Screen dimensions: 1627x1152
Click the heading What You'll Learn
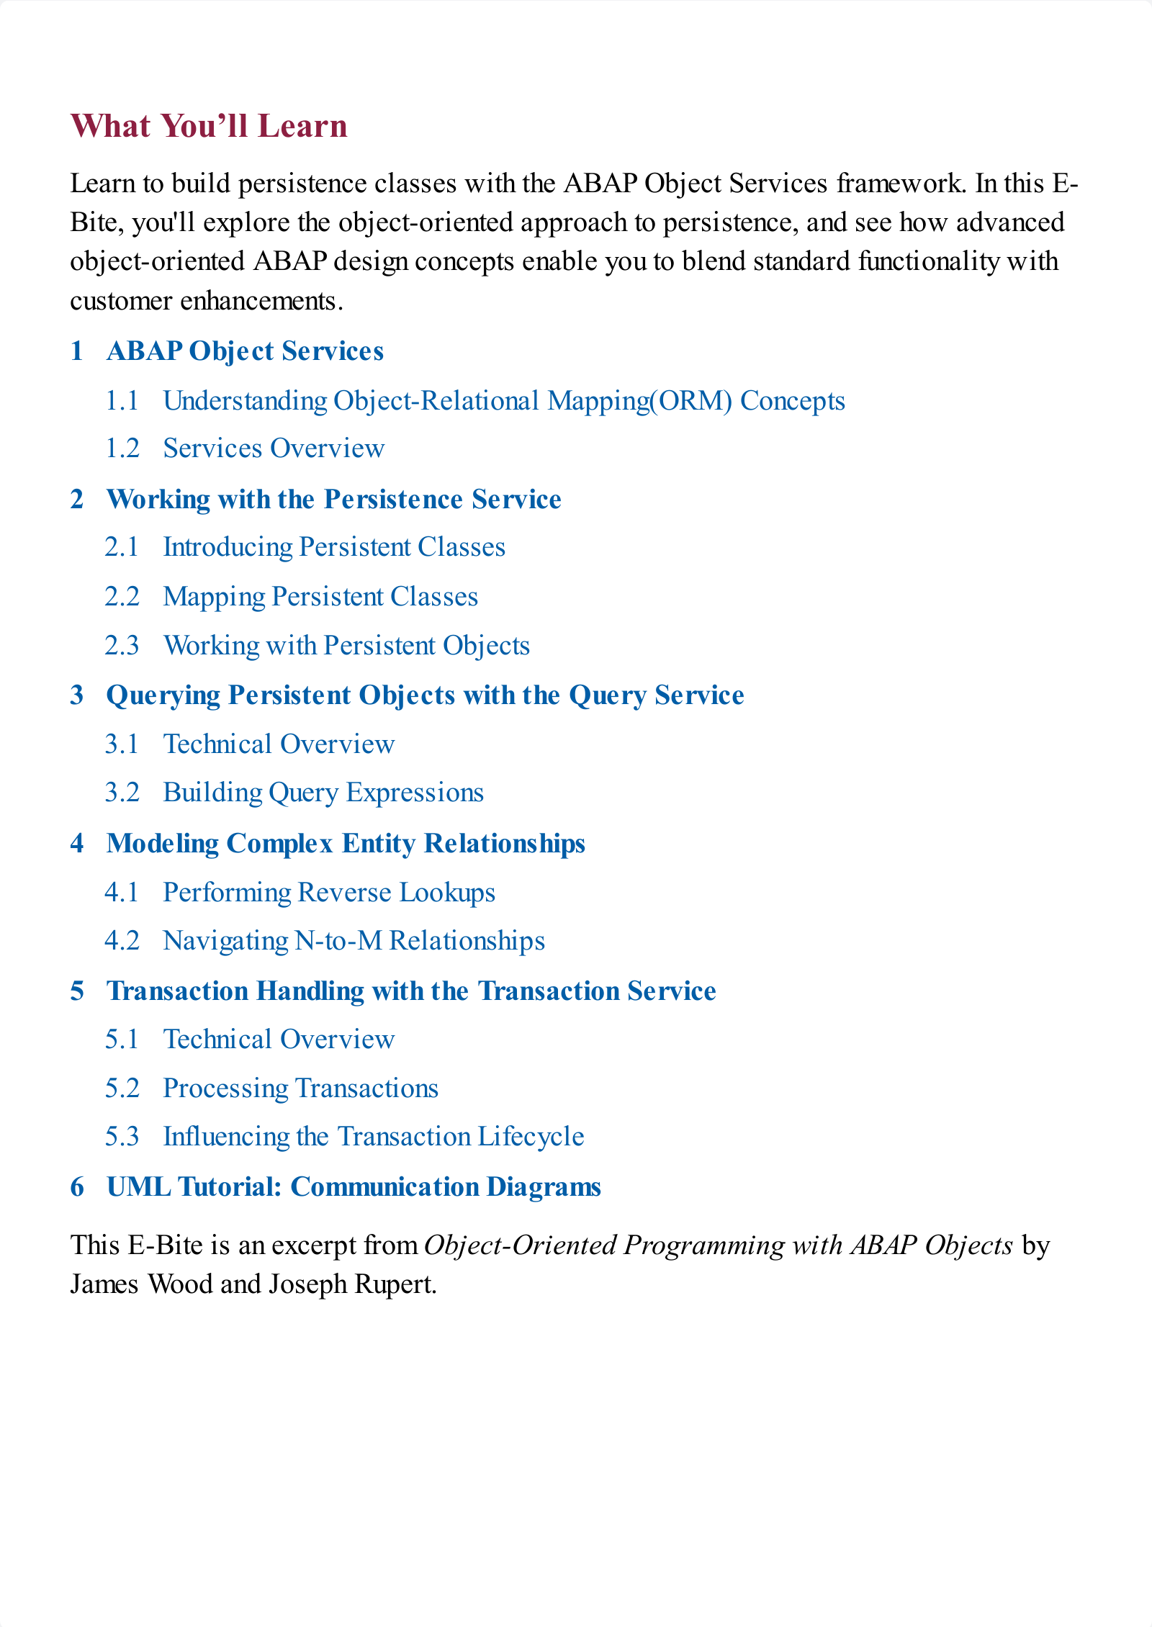pyautogui.click(x=209, y=126)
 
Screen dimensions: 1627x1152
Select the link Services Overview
pyautogui.click(x=274, y=449)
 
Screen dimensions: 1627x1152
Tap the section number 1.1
pyautogui.click(x=122, y=401)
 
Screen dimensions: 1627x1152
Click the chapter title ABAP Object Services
pyautogui.click(x=245, y=351)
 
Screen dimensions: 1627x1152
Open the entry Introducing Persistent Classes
pyautogui.click(x=334, y=547)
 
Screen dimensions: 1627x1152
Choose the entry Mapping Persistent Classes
pyautogui.click(x=320, y=597)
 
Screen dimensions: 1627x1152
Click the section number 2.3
pyautogui.click(x=122, y=646)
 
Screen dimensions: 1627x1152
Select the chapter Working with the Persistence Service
pyautogui.click(x=333, y=500)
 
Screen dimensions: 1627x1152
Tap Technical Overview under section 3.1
pyautogui.click(x=279, y=744)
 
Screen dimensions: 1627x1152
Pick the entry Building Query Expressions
pyautogui.click(x=323, y=793)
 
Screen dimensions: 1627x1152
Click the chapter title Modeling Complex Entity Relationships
pyautogui.click(x=346, y=844)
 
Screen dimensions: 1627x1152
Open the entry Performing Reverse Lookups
pyautogui.click(x=329, y=893)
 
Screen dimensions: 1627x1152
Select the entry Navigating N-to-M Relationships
pyautogui.click(x=354, y=941)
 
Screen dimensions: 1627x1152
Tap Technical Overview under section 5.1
pyautogui.click(x=279, y=1040)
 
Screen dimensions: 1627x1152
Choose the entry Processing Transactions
pyautogui.click(x=300, y=1089)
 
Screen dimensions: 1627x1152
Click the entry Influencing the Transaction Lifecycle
pyautogui.click(x=374, y=1137)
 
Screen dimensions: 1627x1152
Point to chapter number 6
pyautogui.click(x=77, y=1187)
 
